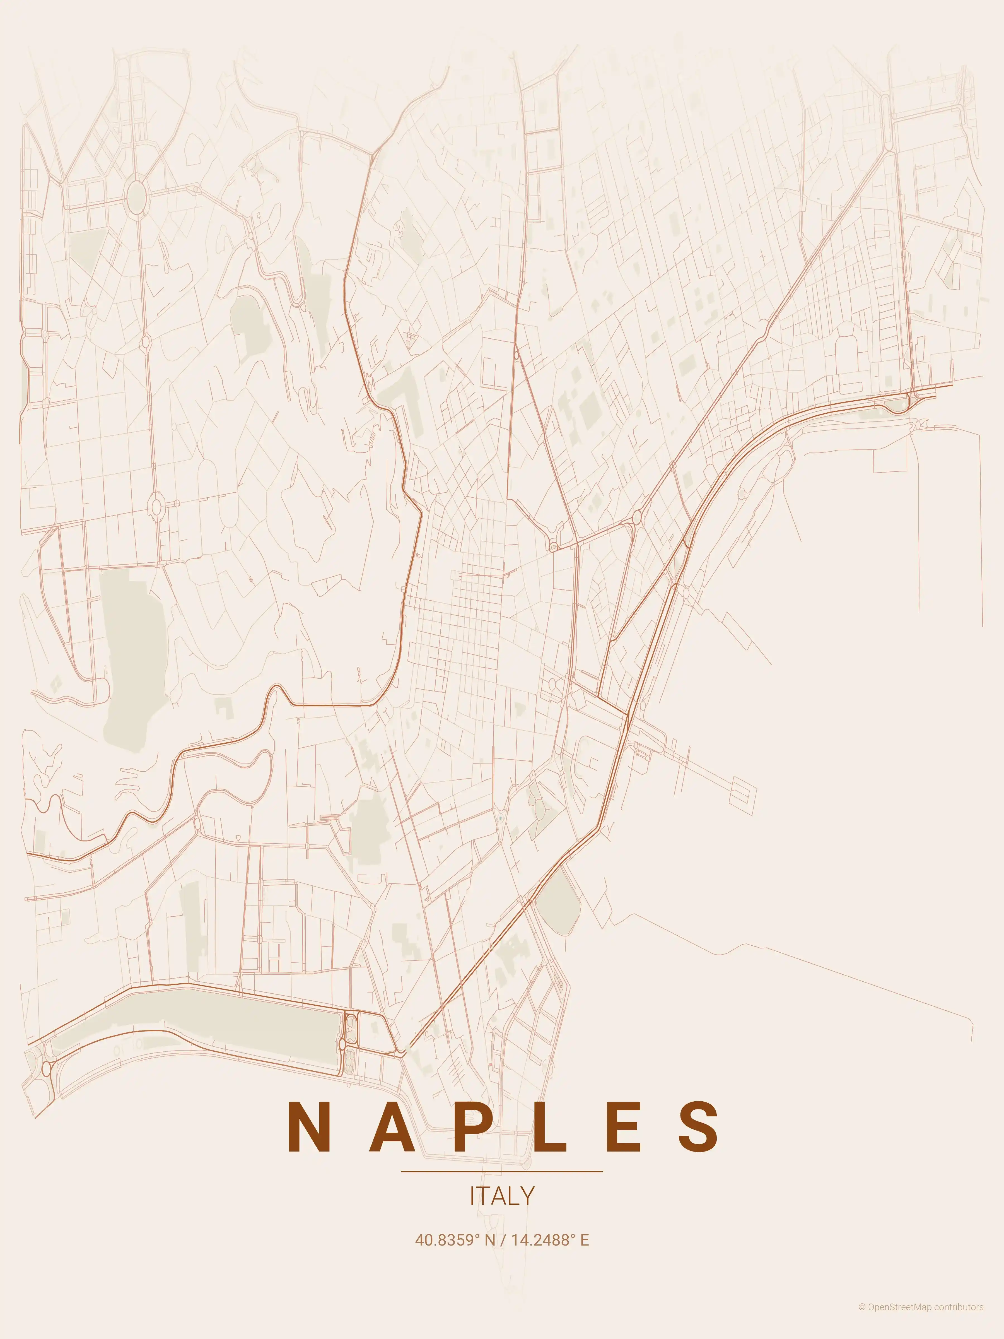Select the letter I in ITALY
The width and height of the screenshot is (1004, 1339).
tap(472, 1196)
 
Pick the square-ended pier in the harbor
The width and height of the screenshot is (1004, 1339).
tap(743, 791)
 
